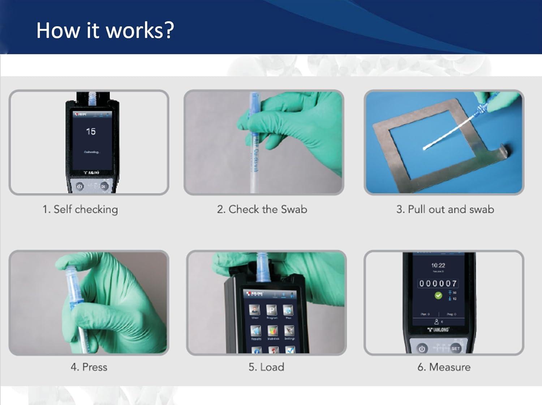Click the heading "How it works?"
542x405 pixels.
[x=105, y=30]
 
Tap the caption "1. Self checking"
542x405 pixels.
[x=80, y=210]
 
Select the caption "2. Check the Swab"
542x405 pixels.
[x=262, y=209]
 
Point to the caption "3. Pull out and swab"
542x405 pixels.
[x=445, y=209]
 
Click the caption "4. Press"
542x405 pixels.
[x=89, y=367]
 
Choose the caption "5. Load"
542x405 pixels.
[x=266, y=367]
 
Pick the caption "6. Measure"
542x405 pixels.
[x=444, y=367]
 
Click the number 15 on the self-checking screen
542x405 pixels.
[x=91, y=131]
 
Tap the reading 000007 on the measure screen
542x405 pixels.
[x=438, y=283]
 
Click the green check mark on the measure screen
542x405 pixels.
[x=438, y=296]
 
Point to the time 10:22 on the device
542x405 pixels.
[x=438, y=265]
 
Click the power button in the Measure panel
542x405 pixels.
[x=422, y=349]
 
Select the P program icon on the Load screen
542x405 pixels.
[x=271, y=310]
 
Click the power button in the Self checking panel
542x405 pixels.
[x=79, y=186]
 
